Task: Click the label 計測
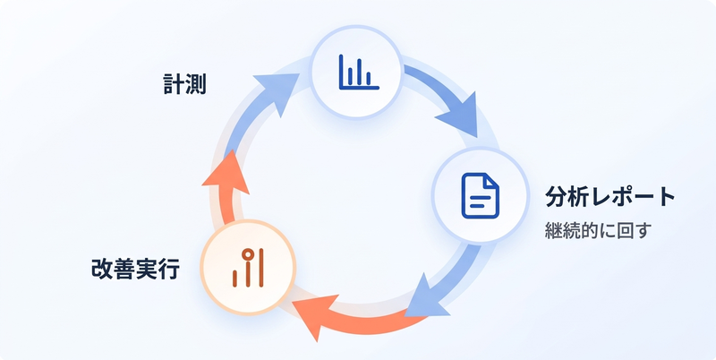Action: coord(185,84)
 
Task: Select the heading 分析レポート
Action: coord(610,197)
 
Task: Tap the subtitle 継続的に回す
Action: coord(597,231)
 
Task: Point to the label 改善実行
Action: coord(135,270)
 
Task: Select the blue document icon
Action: coord(481,195)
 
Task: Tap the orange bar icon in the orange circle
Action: coord(248,268)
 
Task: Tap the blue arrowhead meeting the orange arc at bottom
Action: coord(426,296)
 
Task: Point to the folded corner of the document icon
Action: coord(491,181)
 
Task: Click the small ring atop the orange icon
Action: coord(248,254)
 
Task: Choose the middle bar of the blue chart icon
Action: coord(360,73)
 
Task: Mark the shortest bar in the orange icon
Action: coord(234,279)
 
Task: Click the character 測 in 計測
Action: coord(196,84)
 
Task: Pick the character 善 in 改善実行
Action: coord(124,270)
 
